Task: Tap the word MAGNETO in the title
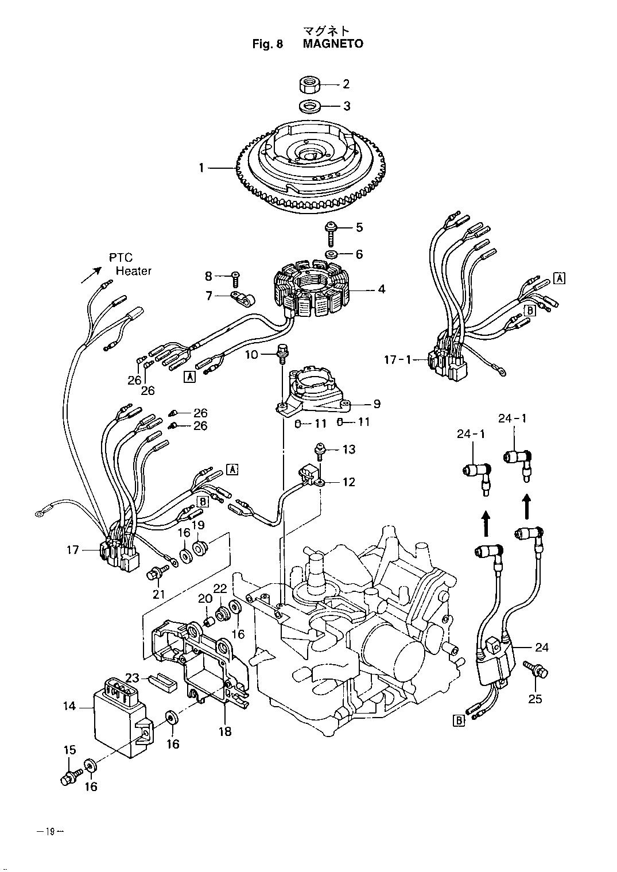coord(333,44)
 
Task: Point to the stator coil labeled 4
coord(312,289)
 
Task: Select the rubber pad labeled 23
coord(163,680)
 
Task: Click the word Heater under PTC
coord(134,271)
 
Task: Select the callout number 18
coord(225,731)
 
